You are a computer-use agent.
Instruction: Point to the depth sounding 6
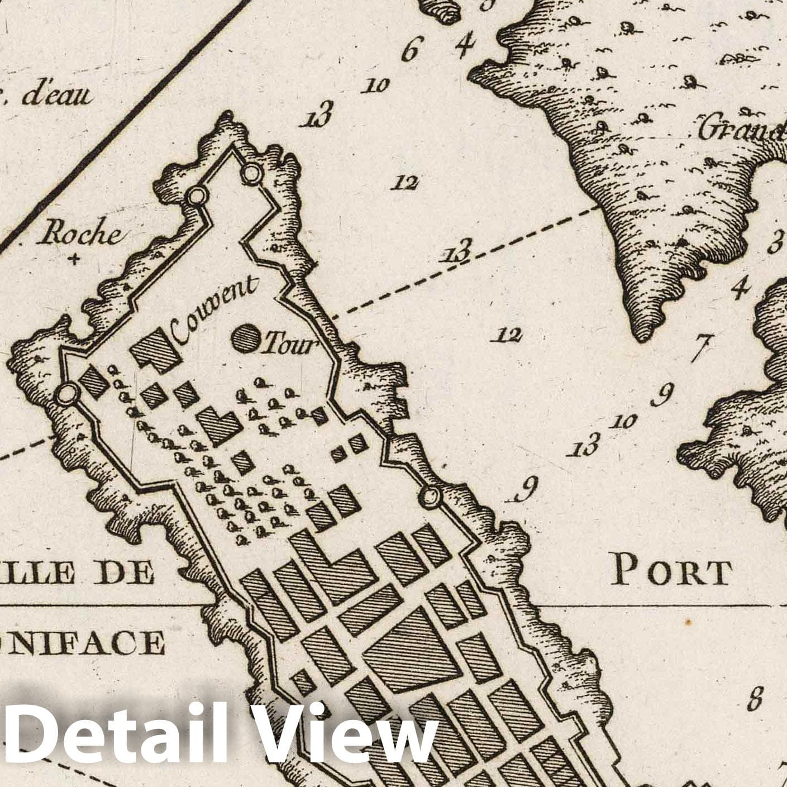pos(409,51)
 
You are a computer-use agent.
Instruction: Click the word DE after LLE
pos(126,573)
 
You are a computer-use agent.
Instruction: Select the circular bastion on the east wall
pos(430,495)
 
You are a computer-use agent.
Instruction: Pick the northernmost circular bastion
pos(251,174)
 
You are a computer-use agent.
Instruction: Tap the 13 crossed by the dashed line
pos(457,251)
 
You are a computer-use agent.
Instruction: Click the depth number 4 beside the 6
pos(463,46)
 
